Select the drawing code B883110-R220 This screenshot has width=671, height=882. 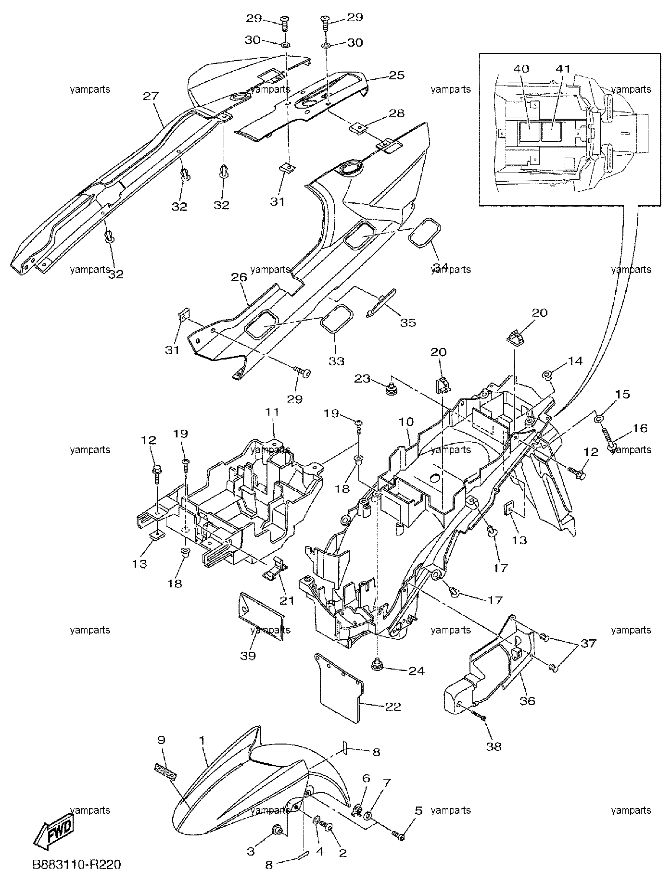(76, 865)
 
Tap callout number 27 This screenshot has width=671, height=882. (151, 96)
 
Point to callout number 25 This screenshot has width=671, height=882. (396, 75)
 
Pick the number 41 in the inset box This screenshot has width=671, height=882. (564, 69)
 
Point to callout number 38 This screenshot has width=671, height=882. (494, 746)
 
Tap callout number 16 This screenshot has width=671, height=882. (640, 428)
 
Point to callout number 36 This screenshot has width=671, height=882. (527, 701)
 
